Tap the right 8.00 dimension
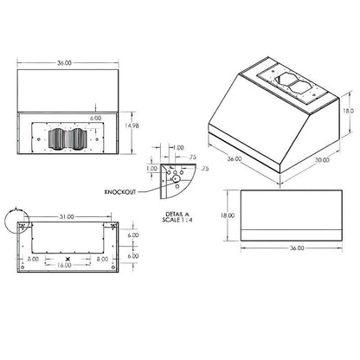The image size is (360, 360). tap(103, 258)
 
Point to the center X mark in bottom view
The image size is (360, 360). tap(67, 258)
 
